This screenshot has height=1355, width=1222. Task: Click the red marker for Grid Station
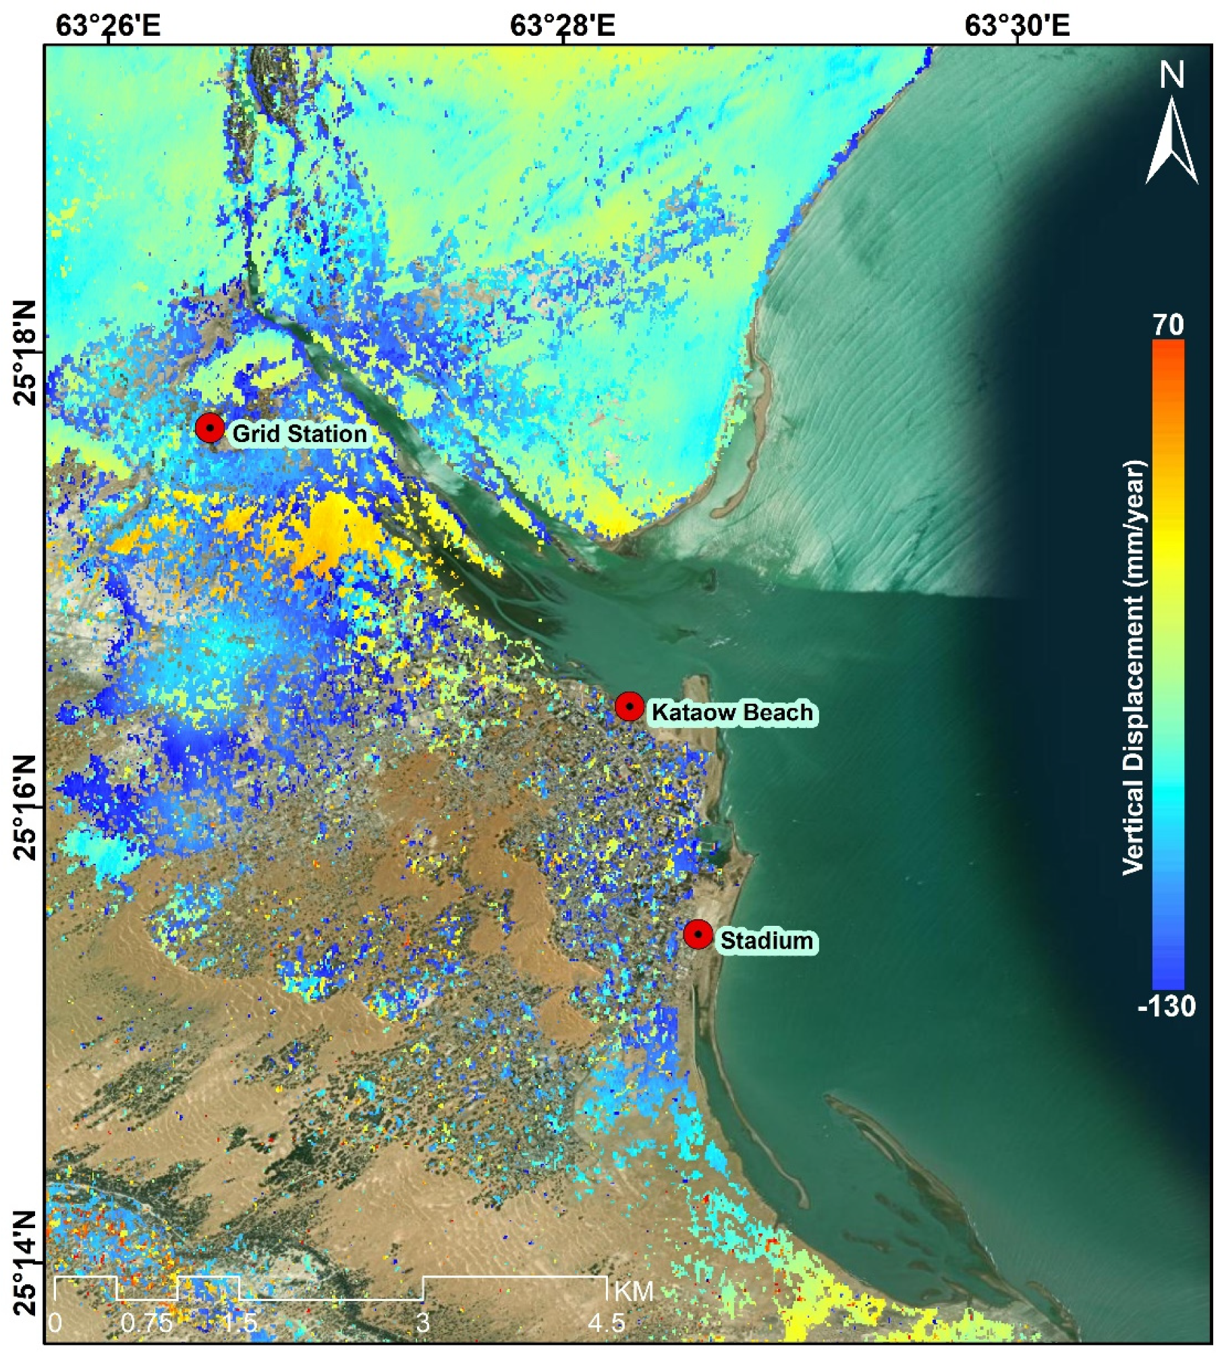pos(210,428)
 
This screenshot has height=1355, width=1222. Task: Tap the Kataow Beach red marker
pos(630,707)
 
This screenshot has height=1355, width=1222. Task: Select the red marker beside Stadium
pos(698,935)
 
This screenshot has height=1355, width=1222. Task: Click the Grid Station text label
pos(300,434)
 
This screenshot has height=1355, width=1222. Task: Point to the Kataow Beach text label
pos(732,713)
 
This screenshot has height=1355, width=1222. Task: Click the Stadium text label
pos(767,941)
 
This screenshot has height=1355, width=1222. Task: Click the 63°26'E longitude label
pos(108,26)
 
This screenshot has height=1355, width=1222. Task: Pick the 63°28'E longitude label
pos(563,26)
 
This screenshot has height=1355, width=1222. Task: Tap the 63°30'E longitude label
pos(1018,26)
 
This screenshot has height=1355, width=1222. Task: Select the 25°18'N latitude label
pos(26,352)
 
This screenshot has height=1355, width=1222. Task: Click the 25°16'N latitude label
pos(26,807)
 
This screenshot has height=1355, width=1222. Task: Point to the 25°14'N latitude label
pos(26,1262)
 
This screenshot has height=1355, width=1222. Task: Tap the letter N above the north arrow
pos(1172,74)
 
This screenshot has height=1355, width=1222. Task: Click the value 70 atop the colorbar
pos(1168,325)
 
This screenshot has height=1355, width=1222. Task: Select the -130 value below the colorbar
pos(1167,1006)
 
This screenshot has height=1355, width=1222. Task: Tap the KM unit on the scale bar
pos(634,1291)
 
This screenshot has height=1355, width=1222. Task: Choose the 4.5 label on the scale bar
pos(606,1323)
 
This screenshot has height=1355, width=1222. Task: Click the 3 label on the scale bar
pos(423,1323)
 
